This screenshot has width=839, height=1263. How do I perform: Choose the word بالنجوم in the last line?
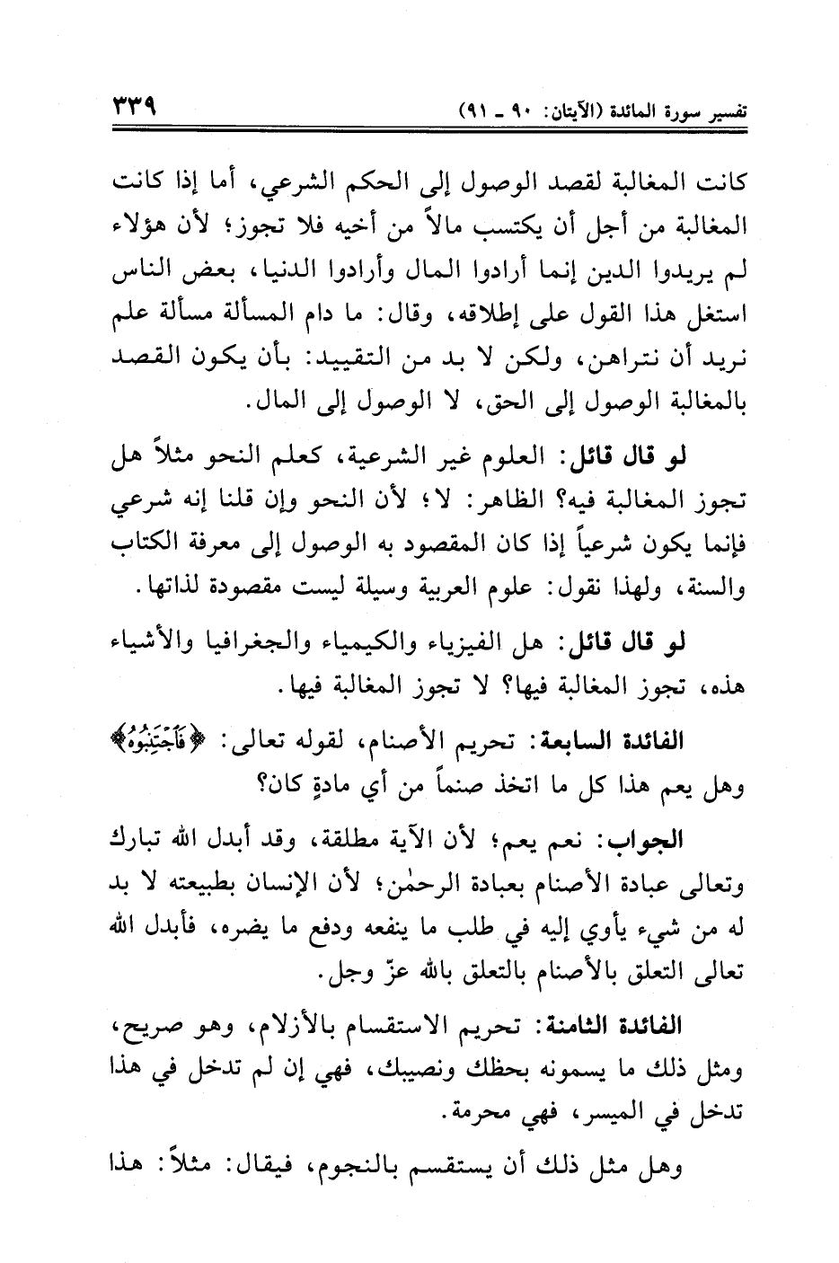pos(375,1170)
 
